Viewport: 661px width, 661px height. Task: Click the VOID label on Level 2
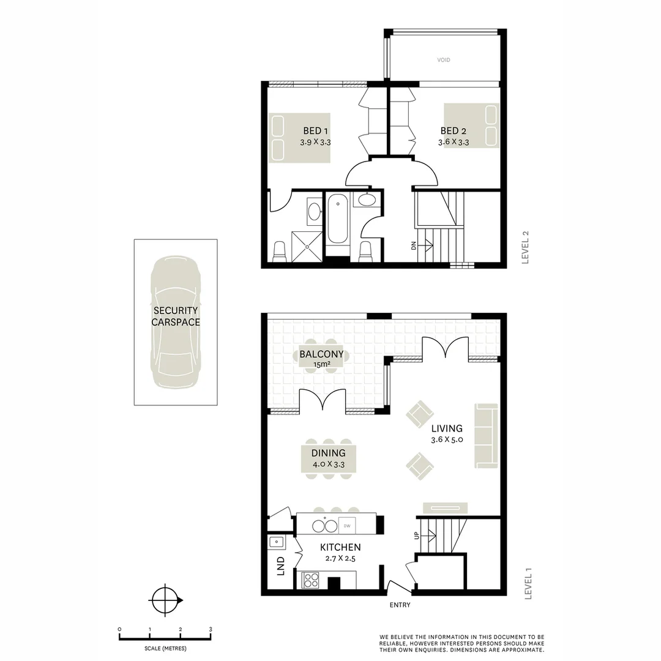pyautogui.click(x=444, y=60)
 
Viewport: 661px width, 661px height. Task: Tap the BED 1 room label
pyautogui.click(x=316, y=131)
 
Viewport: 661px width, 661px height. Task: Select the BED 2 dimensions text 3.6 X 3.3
pyautogui.click(x=454, y=143)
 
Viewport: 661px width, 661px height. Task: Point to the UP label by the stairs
pyautogui.click(x=417, y=536)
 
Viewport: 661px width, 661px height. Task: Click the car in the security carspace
pyautogui.click(x=176, y=322)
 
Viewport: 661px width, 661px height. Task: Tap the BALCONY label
pyautogui.click(x=321, y=354)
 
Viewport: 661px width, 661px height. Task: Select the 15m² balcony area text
pyautogui.click(x=321, y=365)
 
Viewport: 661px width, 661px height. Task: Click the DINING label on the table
pyautogui.click(x=328, y=453)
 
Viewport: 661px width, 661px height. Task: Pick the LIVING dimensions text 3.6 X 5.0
pyautogui.click(x=446, y=440)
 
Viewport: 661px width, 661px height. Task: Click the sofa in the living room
pyautogui.click(x=487, y=436)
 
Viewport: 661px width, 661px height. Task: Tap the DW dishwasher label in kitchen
pyautogui.click(x=346, y=526)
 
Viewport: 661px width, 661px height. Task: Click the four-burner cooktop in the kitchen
pyautogui.click(x=311, y=579)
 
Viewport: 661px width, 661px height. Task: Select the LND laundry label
pyautogui.click(x=281, y=566)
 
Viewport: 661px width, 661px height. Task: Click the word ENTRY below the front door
pyautogui.click(x=400, y=605)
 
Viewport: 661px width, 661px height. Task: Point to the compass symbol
pyautogui.click(x=164, y=600)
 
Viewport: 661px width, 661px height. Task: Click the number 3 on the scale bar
pyautogui.click(x=211, y=629)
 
